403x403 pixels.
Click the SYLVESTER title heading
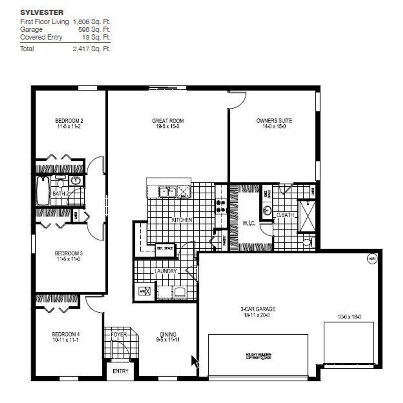click(x=42, y=13)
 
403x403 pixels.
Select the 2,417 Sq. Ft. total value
click(x=91, y=49)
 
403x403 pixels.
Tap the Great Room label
click(x=168, y=121)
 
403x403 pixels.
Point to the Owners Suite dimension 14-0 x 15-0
click(x=274, y=127)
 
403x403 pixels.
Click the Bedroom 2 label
click(x=69, y=121)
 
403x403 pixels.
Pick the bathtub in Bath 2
click(x=43, y=191)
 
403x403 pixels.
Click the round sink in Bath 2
click(x=76, y=181)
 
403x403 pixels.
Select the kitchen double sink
click(x=167, y=192)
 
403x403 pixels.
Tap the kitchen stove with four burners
click(x=221, y=206)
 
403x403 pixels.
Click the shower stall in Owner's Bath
click(x=307, y=216)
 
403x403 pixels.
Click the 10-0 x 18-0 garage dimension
click(x=349, y=317)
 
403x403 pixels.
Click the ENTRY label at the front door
click(x=121, y=371)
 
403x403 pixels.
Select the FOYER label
click(x=119, y=334)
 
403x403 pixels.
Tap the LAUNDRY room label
click(x=166, y=271)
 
